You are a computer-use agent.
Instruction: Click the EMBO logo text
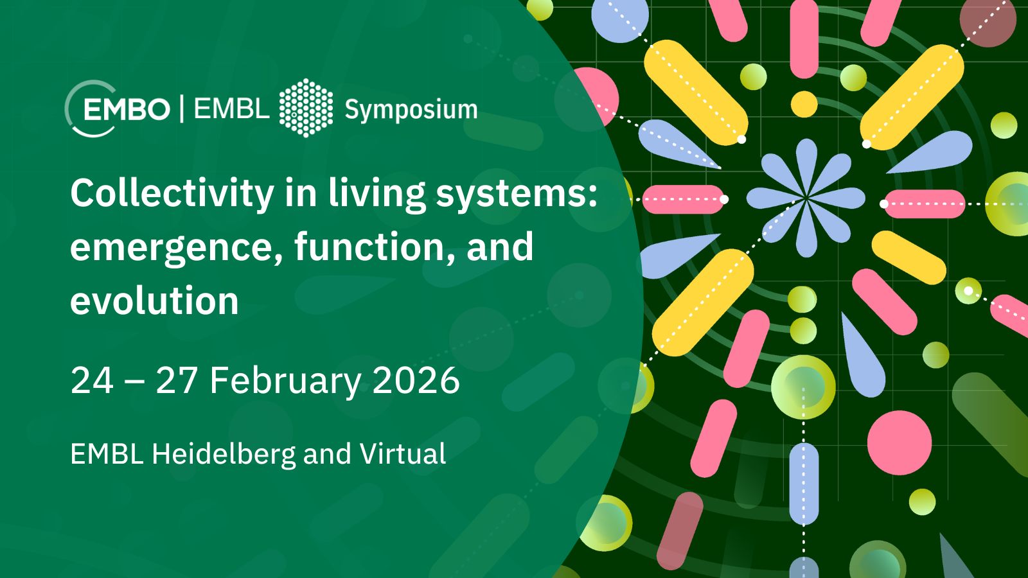tap(127, 110)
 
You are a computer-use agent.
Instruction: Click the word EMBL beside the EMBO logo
tap(231, 109)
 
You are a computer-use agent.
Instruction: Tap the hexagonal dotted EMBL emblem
tap(306, 108)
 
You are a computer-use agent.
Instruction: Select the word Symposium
tap(411, 110)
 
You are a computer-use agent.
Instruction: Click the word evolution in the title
tap(154, 301)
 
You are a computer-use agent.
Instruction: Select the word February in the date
tap(285, 381)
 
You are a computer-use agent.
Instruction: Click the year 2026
tap(416, 380)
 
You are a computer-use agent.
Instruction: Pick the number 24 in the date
tap(92, 380)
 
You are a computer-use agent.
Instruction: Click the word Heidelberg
tap(224, 454)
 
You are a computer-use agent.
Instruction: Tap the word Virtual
tap(402, 453)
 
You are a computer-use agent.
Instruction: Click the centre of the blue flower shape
tap(806, 198)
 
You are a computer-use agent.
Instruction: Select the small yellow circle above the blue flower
tap(804, 103)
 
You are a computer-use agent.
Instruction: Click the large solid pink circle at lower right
tap(899, 442)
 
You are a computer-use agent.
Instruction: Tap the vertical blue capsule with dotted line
tap(804, 484)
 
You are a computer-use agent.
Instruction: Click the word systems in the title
tap(517, 195)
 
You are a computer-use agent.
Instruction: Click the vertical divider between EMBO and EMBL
tap(182, 109)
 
